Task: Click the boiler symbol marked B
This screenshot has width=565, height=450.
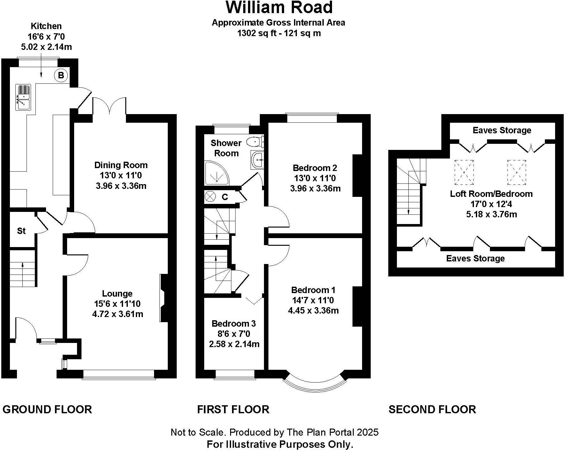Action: click(x=61, y=75)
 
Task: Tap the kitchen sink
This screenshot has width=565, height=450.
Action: click(x=23, y=97)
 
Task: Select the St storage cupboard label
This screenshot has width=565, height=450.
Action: click(x=21, y=231)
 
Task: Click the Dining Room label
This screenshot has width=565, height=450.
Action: click(x=121, y=165)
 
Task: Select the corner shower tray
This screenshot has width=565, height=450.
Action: click(x=216, y=173)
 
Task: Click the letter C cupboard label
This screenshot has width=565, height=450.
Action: click(x=225, y=197)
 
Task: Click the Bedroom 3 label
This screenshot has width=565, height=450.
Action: click(x=234, y=323)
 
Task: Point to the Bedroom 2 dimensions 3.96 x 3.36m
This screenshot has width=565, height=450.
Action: click(x=315, y=188)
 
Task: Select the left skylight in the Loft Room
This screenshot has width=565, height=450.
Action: click(x=464, y=172)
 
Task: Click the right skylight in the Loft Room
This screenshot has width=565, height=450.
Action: click(x=516, y=172)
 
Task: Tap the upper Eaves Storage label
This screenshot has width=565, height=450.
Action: click(x=502, y=130)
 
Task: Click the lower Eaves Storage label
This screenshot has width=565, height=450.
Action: click(x=475, y=258)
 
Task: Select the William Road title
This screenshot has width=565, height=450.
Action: click(x=279, y=8)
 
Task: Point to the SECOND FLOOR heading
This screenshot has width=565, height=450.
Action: click(x=432, y=409)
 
